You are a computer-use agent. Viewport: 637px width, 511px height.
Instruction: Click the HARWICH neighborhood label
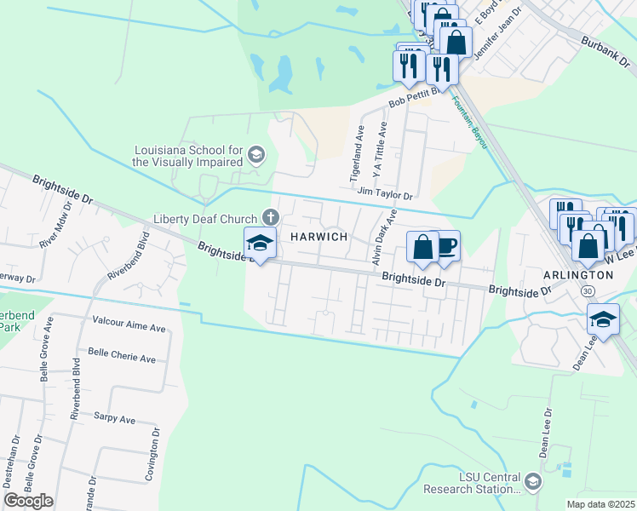[x=320, y=237]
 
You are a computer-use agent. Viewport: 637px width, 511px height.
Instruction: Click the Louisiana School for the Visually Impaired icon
[x=257, y=154]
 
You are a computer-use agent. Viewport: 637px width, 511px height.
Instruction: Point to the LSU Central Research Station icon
[x=533, y=482]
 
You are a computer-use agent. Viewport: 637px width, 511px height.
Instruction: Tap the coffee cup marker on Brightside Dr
[x=445, y=247]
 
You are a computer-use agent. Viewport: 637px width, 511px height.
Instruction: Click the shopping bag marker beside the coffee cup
[x=422, y=247]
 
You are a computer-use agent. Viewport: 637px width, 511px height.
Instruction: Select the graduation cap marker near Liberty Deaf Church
[x=260, y=244]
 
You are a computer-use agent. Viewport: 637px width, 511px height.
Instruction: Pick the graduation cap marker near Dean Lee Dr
[x=604, y=319]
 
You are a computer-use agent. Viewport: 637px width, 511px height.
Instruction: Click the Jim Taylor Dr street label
[x=385, y=194]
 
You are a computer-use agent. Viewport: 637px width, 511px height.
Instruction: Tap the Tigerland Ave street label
[x=358, y=154]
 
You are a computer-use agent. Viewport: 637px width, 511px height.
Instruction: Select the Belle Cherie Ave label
[x=122, y=358]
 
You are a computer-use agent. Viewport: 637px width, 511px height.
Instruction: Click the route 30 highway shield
[x=588, y=291]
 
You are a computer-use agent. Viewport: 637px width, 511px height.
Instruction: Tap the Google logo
[x=29, y=500]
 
